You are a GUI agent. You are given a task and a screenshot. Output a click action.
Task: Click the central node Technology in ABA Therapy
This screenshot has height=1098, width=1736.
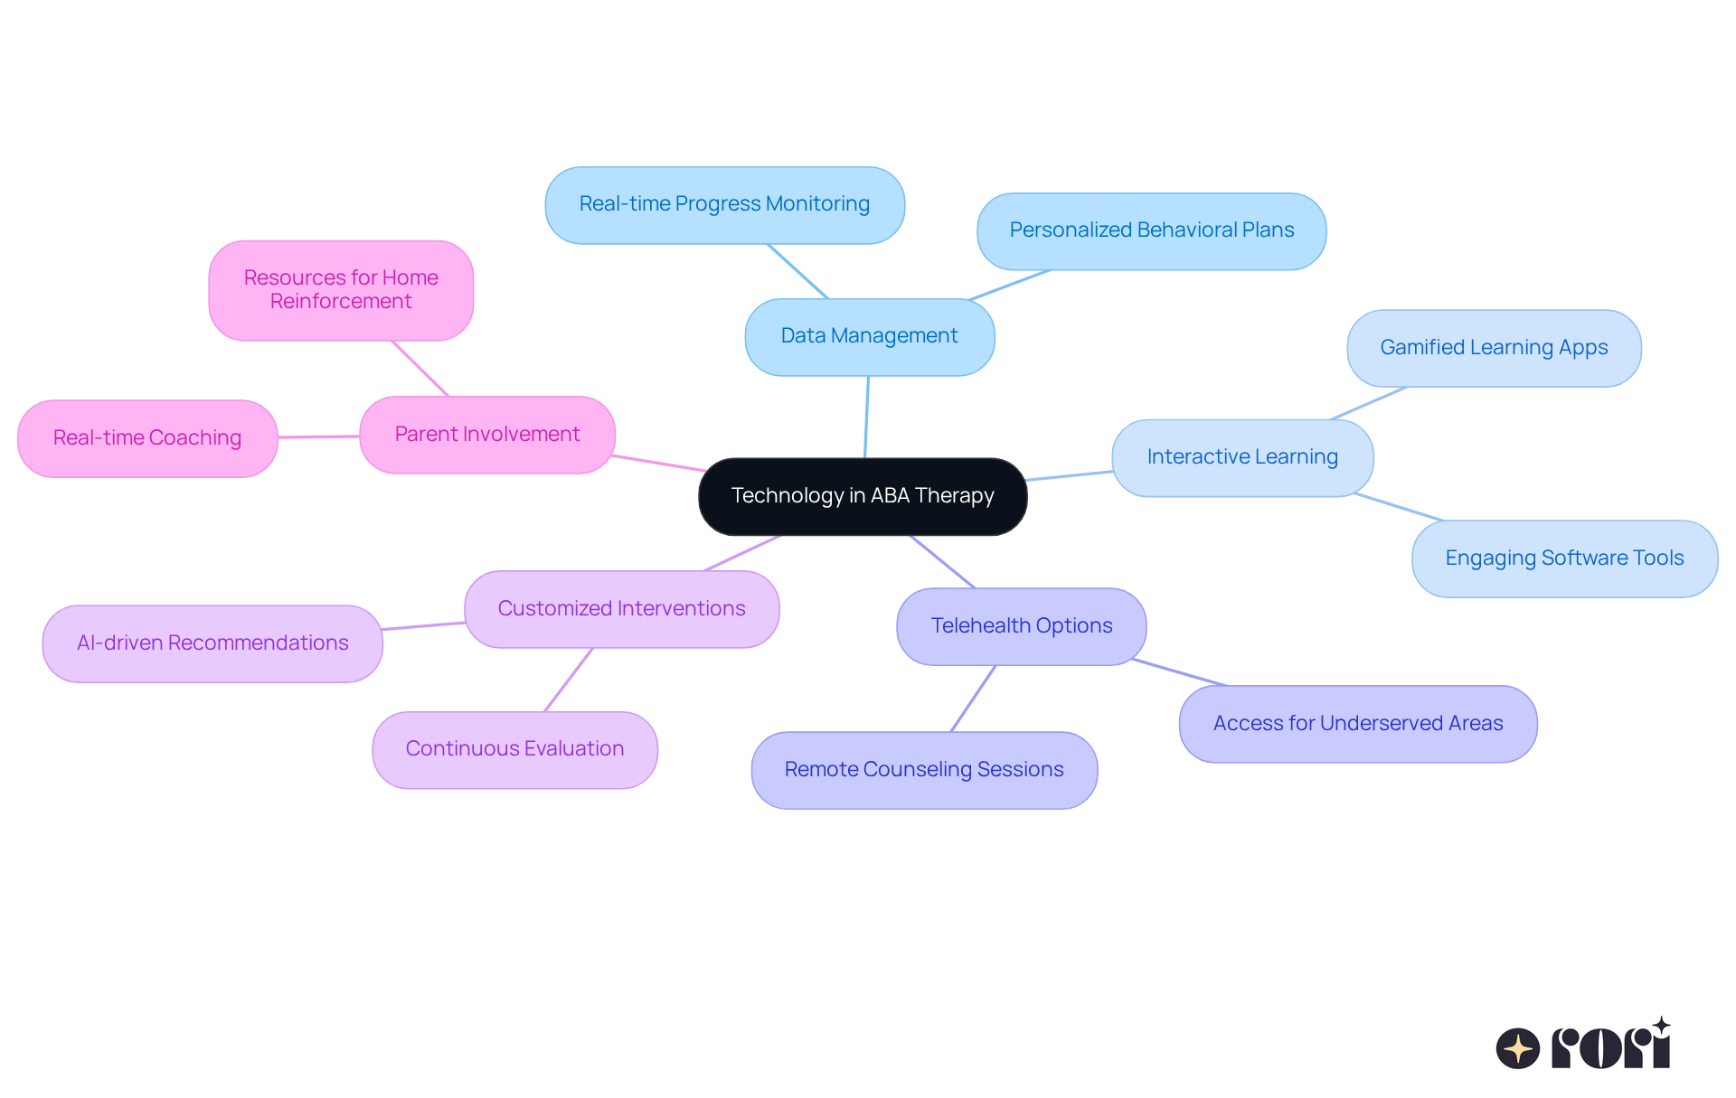(863, 496)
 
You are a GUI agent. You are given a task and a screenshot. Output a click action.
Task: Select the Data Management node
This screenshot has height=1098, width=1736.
(869, 336)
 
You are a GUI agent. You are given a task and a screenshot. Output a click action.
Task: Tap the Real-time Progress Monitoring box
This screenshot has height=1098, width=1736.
(724, 204)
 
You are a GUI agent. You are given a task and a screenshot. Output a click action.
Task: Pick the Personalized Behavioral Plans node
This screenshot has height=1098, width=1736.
(1151, 230)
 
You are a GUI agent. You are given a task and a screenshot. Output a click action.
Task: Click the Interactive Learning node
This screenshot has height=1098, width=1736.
(1241, 457)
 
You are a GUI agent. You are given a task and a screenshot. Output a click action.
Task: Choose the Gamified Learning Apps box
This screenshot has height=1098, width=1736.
(1493, 348)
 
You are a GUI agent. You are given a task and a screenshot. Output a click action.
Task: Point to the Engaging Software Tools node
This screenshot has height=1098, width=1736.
(1563, 558)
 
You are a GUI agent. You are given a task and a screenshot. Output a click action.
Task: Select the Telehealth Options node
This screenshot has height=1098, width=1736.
(1021, 626)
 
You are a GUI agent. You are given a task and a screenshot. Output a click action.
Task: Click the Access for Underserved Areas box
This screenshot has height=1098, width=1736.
(1357, 724)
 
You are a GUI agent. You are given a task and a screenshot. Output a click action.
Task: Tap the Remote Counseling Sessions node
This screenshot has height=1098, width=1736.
(923, 770)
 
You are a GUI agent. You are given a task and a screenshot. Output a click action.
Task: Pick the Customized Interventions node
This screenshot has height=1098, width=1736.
(621, 609)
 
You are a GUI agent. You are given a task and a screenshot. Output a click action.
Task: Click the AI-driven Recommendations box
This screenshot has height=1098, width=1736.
(212, 643)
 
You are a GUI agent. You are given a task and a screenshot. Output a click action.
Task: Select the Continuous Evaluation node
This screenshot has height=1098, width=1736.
(514, 749)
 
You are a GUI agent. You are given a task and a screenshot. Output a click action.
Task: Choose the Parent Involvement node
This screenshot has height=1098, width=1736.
(487, 435)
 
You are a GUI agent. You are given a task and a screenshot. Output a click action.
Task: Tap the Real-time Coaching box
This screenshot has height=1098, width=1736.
(147, 438)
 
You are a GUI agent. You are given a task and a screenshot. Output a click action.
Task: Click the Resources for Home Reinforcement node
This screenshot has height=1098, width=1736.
(341, 290)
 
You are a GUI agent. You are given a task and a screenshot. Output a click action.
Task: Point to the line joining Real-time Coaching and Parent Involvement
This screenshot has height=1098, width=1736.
(318, 436)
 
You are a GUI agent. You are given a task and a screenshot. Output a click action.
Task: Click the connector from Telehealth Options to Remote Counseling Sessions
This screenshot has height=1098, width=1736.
(973, 699)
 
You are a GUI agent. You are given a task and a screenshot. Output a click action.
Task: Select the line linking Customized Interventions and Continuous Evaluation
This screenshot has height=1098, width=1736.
(569, 680)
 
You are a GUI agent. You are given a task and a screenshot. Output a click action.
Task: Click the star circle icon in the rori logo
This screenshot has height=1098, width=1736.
(1517, 1048)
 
